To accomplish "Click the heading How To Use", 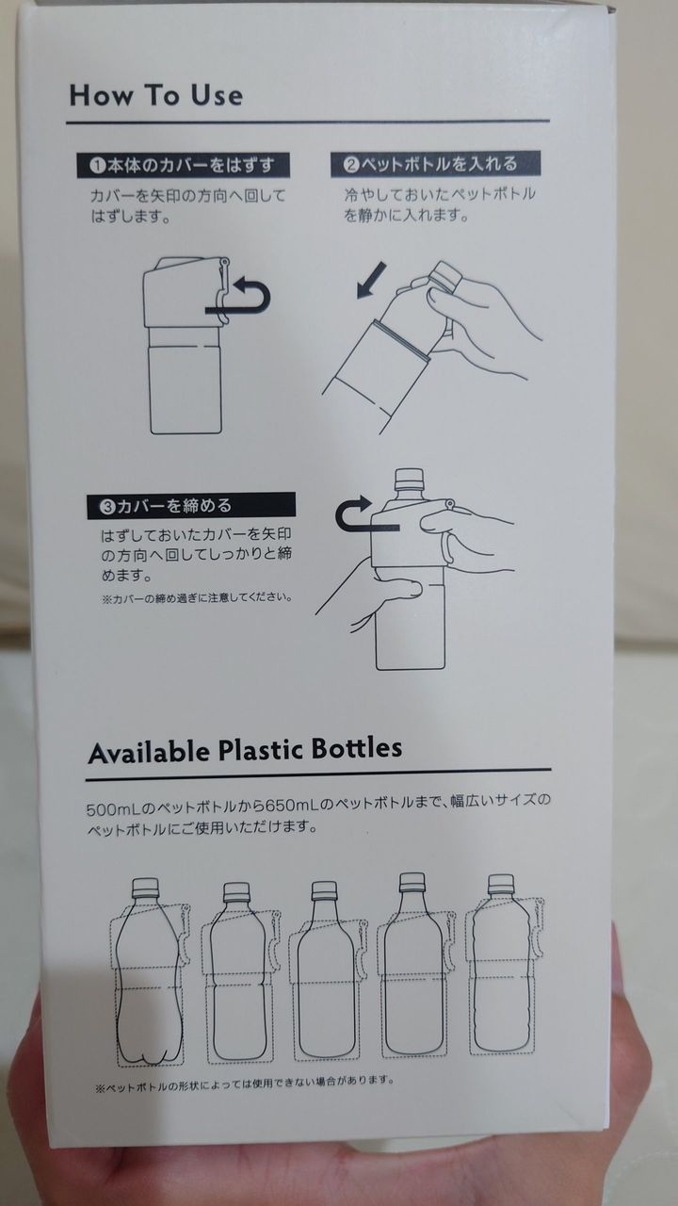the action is tap(156, 95).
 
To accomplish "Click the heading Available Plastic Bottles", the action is tap(245, 750).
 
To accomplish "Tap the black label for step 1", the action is tap(183, 165).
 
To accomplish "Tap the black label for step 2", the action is tap(435, 164).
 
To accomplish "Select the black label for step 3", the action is tap(191, 506).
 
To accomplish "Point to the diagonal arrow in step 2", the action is tap(372, 280).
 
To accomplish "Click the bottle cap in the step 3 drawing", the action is tap(410, 480).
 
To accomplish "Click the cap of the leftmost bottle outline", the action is tap(145, 888).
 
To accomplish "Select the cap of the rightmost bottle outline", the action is tap(500, 884).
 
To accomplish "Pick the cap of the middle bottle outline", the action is tap(325, 891).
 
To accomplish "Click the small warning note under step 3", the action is tap(198, 597).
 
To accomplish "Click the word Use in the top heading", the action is tap(217, 95).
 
